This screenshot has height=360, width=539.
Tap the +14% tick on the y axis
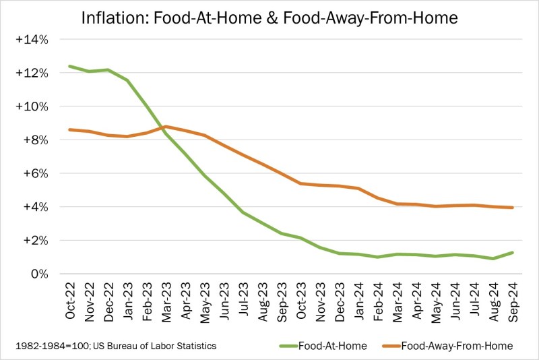coord(32,40)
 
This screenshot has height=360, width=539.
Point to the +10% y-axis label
coord(32,107)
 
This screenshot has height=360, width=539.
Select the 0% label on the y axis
coord(38,274)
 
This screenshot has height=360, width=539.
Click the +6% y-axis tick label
coord(35,173)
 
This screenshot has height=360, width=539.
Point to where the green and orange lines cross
coord(162,127)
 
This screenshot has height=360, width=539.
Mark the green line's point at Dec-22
coord(108,70)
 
